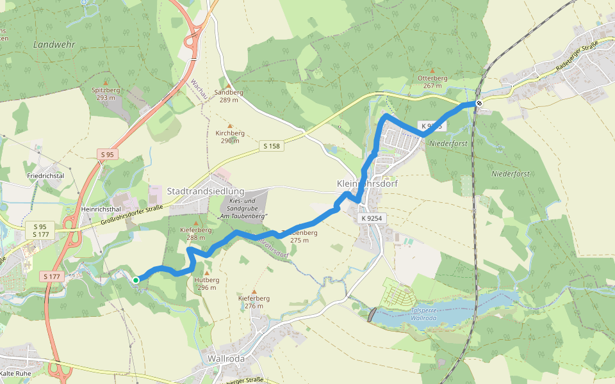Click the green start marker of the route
136,280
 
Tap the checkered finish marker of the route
479,103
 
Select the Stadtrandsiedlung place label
206,191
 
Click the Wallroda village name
226,358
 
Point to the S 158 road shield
272,147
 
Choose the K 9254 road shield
372,218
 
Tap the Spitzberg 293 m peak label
106,94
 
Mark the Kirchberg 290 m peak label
230,137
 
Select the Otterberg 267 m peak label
432,81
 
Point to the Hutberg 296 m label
206,284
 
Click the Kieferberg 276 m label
254,301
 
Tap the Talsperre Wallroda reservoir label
424,314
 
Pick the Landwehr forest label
54,45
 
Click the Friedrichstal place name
45,175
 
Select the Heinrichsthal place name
102,209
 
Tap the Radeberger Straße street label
577,55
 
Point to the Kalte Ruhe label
16,372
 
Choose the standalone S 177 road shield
53,276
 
